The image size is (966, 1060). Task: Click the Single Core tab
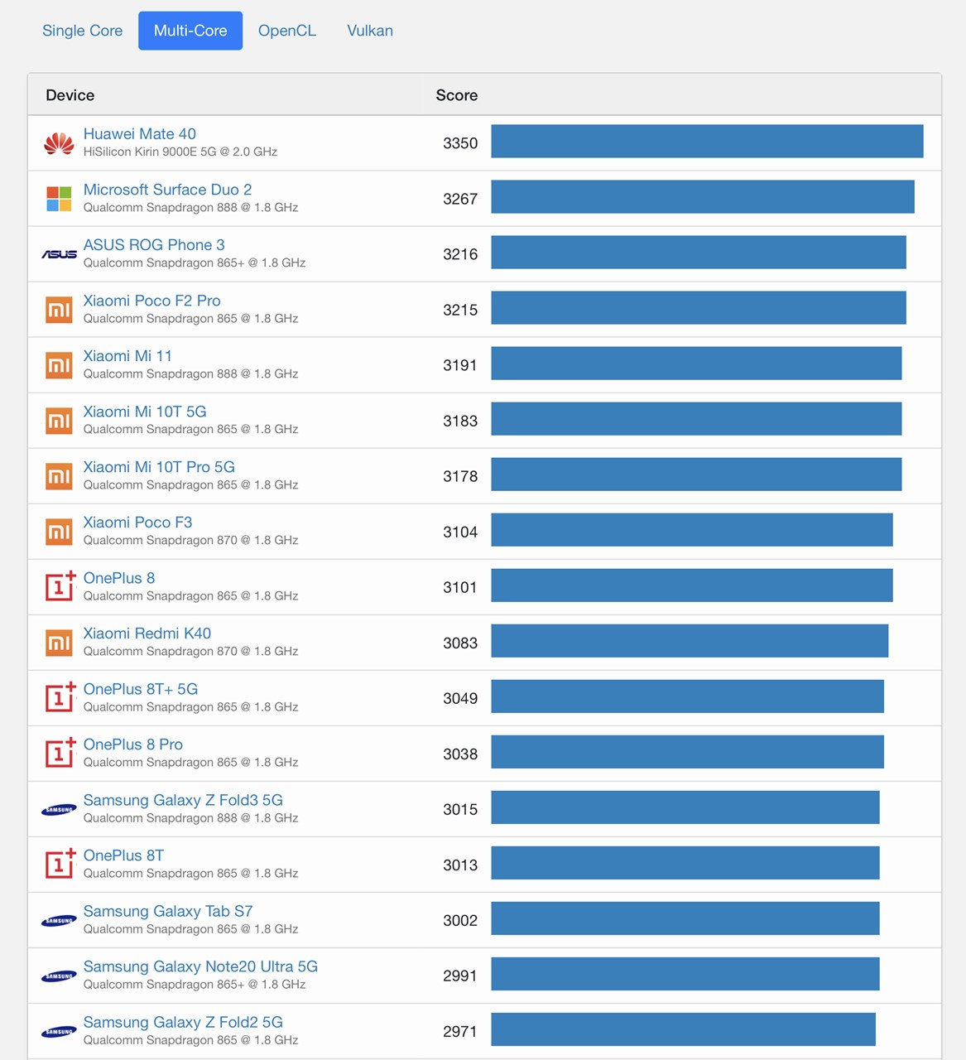point(82,31)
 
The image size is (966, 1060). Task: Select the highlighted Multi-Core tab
point(190,31)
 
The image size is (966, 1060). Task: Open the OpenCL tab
point(286,31)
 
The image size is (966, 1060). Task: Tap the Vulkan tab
point(370,31)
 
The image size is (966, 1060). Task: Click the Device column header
point(70,95)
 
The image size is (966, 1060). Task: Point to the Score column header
point(457,95)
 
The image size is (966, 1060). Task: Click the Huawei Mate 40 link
point(140,134)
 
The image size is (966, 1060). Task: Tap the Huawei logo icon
point(59,143)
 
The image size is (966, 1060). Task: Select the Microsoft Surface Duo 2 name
point(167,190)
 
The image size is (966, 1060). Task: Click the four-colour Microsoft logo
point(59,199)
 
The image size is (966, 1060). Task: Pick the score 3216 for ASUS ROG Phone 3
point(460,254)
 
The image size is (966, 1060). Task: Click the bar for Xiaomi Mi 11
point(696,365)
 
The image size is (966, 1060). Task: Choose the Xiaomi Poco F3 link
point(137,523)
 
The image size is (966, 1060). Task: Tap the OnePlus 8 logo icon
point(60,586)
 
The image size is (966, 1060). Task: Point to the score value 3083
point(460,643)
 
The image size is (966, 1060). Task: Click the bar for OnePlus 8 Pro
point(687,754)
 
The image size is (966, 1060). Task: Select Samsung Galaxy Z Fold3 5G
point(183,800)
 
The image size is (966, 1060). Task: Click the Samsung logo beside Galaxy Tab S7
point(59,920)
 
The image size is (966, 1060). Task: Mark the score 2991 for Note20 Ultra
point(460,976)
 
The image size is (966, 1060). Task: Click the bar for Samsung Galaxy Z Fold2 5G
point(683,1031)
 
